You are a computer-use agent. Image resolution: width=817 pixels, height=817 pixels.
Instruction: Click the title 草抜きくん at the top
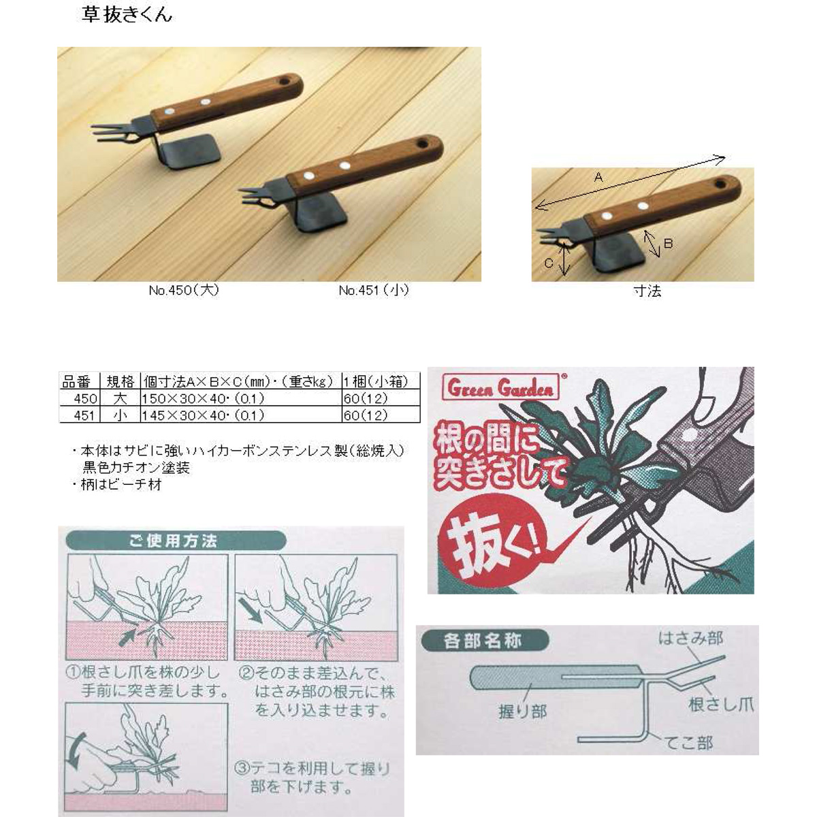click(x=127, y=15)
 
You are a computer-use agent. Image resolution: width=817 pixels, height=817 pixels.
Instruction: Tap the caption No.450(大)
click(x=184, y=291)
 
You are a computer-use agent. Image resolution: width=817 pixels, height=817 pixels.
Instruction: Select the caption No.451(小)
click(x=374, y=291)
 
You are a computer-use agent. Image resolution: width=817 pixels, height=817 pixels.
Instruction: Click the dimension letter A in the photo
click(x=598, y=177)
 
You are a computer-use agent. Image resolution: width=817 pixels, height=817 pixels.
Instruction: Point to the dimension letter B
click(x=668, y=243)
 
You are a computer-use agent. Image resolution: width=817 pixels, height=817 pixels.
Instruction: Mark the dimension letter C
click(x=548, y=263)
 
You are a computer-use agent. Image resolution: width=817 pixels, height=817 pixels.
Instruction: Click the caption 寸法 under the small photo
click(x=647, y=291)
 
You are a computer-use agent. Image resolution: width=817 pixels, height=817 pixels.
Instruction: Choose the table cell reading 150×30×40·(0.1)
click(x=203, y=398)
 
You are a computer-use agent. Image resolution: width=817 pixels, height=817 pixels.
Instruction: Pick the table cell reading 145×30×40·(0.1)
click(x=203, y=415)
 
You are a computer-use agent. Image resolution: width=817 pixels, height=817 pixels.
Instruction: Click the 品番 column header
click(x=76, y=382)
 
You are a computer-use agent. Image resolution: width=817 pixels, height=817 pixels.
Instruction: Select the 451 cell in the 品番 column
click(x=84, y=415)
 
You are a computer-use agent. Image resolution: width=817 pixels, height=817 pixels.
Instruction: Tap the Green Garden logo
click(x=500, y=387)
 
